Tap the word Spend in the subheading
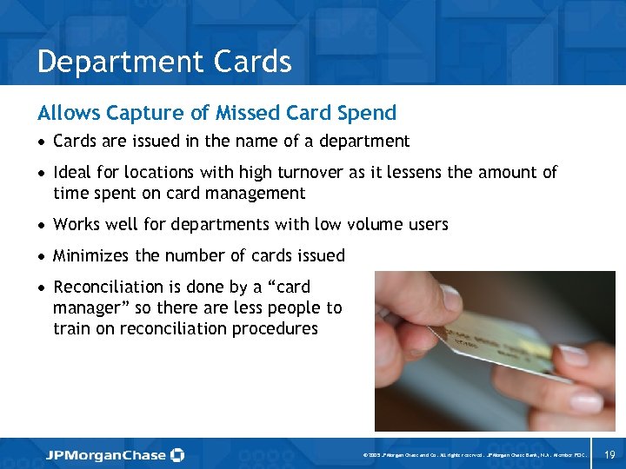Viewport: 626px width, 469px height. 371,113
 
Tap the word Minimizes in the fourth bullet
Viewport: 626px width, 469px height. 90,256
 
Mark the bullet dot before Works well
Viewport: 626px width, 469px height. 43,226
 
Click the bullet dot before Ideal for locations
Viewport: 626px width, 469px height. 43,174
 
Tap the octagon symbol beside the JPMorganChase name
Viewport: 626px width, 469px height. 177,455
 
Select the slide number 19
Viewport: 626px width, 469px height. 609,454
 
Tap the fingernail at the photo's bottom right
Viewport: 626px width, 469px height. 585,401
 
